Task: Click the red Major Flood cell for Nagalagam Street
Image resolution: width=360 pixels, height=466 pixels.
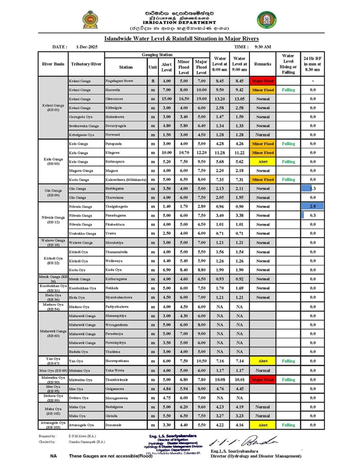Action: (262, 81)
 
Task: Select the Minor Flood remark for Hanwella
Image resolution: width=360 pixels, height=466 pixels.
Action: (262, 90)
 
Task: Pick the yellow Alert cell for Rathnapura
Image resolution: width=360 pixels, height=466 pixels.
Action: (262, 162)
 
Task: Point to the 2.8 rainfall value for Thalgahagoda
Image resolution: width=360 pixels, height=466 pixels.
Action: (313, 206)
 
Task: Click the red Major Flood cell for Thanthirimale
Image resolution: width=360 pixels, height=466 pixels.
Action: (262, 380)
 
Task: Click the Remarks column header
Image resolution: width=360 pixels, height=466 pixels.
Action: (262, 64)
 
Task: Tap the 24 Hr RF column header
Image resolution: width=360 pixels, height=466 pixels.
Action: (313, 64)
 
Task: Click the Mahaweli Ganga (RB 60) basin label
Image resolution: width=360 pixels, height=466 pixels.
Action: (53, 333)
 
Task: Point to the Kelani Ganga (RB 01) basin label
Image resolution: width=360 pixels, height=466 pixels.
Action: (53, 107)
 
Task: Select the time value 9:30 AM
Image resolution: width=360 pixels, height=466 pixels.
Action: (263, 47)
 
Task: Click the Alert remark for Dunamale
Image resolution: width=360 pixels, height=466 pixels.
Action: (262, 425)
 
